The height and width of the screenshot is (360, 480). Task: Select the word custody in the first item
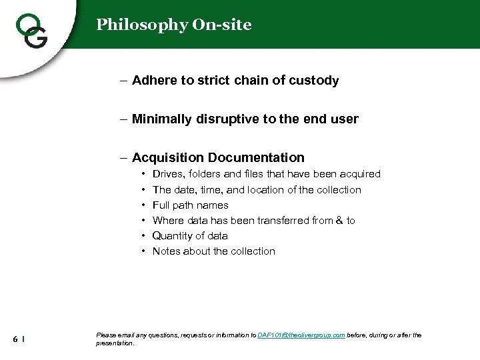point(314,81)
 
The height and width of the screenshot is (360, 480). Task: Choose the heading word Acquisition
point(168,158)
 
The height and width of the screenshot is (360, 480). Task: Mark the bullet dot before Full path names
point(144,205)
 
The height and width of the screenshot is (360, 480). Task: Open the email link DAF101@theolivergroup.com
point(301,335)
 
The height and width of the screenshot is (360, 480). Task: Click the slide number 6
point(15,339)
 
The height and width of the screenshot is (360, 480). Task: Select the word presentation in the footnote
point(115,343)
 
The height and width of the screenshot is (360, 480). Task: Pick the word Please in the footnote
point(106,335)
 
